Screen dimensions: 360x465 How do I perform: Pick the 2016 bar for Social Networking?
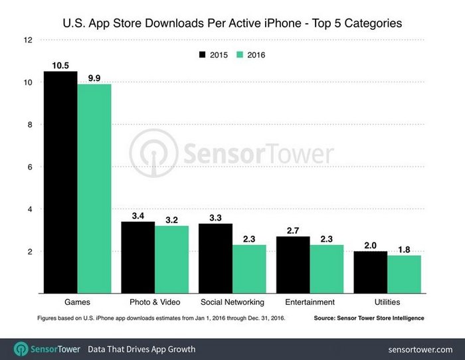pos(249,268)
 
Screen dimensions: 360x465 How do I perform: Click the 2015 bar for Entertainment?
pos(293,264)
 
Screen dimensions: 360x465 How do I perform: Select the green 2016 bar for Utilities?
pos(404,274)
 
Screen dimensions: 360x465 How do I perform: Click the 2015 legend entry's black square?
pos(202,54)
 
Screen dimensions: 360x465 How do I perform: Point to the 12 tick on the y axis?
pos(28,40)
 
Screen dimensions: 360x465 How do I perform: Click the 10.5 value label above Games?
pos(60,65)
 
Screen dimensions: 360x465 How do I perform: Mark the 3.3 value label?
pos(215,217)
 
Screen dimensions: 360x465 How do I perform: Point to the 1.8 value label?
pos(404,249)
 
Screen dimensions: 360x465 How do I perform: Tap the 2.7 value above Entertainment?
pos(293,230)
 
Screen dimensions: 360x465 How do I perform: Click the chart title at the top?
pos(232,24)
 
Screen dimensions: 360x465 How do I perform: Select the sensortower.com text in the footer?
pos(420,349)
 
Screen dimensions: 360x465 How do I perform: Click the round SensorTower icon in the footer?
pos(21,349)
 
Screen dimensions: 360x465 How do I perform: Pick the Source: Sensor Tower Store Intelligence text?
pos(369,319)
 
